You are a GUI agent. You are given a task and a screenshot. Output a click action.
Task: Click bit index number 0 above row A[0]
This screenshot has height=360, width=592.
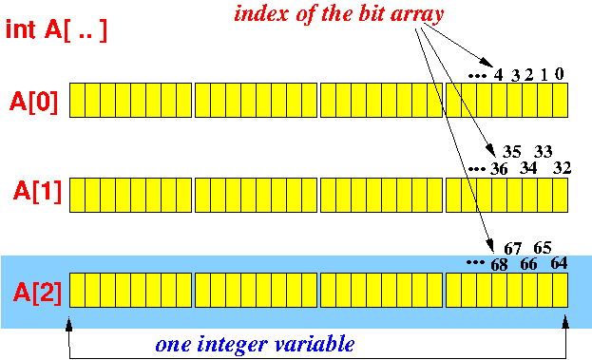(x=560, y=73)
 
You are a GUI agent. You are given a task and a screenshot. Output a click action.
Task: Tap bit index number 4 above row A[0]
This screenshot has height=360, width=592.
(x=499, y=74)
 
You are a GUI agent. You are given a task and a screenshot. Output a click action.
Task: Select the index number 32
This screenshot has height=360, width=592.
(x=561, y=168)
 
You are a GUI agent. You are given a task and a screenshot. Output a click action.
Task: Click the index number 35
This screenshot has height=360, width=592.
(x=512, y=151)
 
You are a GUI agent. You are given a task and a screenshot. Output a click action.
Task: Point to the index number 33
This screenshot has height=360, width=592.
(x=544, y=151)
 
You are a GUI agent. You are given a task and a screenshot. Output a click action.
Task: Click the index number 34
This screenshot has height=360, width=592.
(x=529, y=168)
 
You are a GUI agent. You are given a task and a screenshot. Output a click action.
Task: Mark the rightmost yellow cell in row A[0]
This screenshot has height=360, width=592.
(x=560, y=99)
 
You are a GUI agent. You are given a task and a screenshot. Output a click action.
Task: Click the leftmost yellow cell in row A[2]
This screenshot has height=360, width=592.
(x=77, y=289)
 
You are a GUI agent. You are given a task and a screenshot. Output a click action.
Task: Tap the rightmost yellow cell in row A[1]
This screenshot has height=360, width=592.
(x=560, y=194)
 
